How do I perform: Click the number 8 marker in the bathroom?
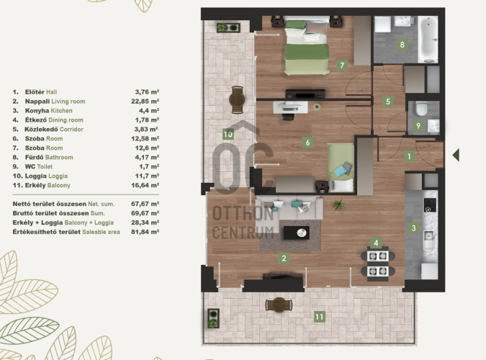tap(402, 45)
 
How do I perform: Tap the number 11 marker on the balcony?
tap(319, 317)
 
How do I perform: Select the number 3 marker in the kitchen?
tap(413, 228)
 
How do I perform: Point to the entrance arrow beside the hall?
tap(456, 155)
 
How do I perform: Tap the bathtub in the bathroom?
tap(428, 40)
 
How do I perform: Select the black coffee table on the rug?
tap(297, 233)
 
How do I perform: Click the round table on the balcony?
tap(279, 305)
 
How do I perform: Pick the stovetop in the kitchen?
tap(430, 205)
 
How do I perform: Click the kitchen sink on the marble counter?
tap(430, 240)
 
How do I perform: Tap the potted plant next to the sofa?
tap(338, 204)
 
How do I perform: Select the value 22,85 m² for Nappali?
tap(145, 102)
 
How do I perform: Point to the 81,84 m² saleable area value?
tap(145, 232)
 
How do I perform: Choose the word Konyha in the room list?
tap(37, 111)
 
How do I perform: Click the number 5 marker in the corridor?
tap(388, 101)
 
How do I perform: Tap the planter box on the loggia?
tap(228, 27)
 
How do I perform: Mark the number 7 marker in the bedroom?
tap(342, 65)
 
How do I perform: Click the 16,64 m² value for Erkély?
tap(145, 185)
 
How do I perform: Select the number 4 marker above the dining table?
tap(376, 243)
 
